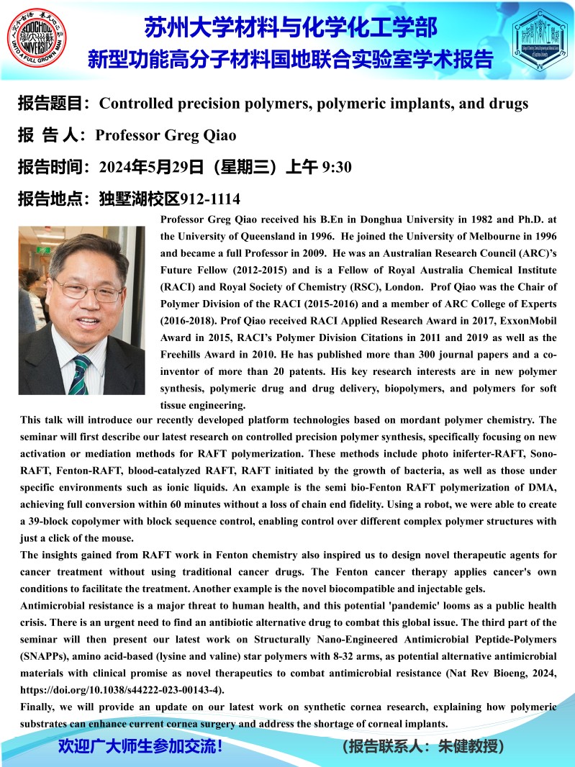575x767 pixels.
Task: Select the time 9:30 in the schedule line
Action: pyautogui.click(x=338, y=168)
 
